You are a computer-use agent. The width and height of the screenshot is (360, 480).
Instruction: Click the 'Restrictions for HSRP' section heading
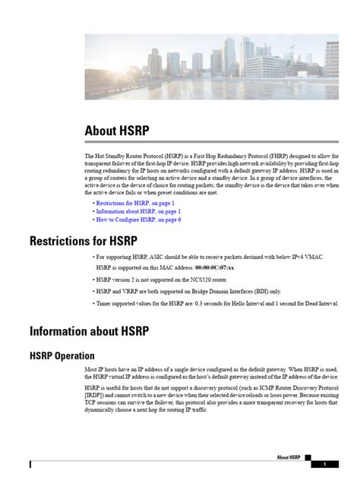83,242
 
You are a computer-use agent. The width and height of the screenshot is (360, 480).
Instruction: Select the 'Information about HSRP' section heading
89,330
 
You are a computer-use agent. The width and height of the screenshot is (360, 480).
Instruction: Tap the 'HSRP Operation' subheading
62,355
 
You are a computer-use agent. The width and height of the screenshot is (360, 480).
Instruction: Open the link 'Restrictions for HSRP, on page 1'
134,203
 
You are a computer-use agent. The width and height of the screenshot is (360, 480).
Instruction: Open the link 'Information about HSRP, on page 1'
137,211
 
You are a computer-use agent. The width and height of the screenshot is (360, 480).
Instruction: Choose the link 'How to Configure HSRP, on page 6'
137,219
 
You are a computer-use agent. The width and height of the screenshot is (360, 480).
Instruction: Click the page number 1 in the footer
325,464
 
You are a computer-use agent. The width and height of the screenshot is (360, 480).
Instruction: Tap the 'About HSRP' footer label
289,457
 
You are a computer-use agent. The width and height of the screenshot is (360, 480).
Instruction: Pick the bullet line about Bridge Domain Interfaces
188,291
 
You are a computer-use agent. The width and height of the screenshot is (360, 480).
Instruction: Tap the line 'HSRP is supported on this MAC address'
144,268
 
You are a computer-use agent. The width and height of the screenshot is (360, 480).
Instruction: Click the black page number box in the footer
325,464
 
